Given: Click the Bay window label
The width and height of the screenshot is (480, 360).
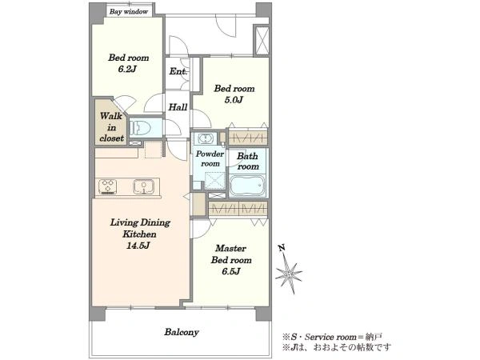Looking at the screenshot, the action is click(x=129, y=12).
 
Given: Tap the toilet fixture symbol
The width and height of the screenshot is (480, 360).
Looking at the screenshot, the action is click(x=139, y=127).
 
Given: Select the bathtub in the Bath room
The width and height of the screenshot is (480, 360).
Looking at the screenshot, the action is click(x=247, y=185).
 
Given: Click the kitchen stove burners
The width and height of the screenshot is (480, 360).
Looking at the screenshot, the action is click(x=107, y=186).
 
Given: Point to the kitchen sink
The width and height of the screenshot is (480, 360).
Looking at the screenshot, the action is click(x=143, y=186).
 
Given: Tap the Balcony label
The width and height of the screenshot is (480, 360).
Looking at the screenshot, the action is click(x=182, y=333).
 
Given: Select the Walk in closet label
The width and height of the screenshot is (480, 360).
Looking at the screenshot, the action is click(x=111, y=127).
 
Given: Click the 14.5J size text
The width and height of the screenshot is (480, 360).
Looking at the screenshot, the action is click(x=138, y=246).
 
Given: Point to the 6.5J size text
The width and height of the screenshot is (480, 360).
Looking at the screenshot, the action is click(x=231, y=271).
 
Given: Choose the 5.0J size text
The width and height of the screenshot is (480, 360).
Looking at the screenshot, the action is click(x=234, y=100).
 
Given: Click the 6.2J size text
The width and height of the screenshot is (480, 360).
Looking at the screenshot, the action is click(x=127, y=69).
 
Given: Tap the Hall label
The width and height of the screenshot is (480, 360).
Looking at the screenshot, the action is click(x=178, y=107).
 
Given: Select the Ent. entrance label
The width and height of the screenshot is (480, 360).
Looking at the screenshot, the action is click(x=178, y=72).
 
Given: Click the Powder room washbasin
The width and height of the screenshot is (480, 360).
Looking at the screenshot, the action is click(x=204, y=139).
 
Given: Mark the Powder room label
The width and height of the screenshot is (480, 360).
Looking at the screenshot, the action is click(x=210, y=158).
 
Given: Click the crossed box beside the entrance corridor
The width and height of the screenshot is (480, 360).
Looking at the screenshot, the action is click(x=262, y=40).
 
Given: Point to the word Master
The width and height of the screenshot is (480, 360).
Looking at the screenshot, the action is click(x=230, y=248).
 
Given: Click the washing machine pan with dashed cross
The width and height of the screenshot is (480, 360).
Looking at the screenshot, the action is click(x=215, y=181).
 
